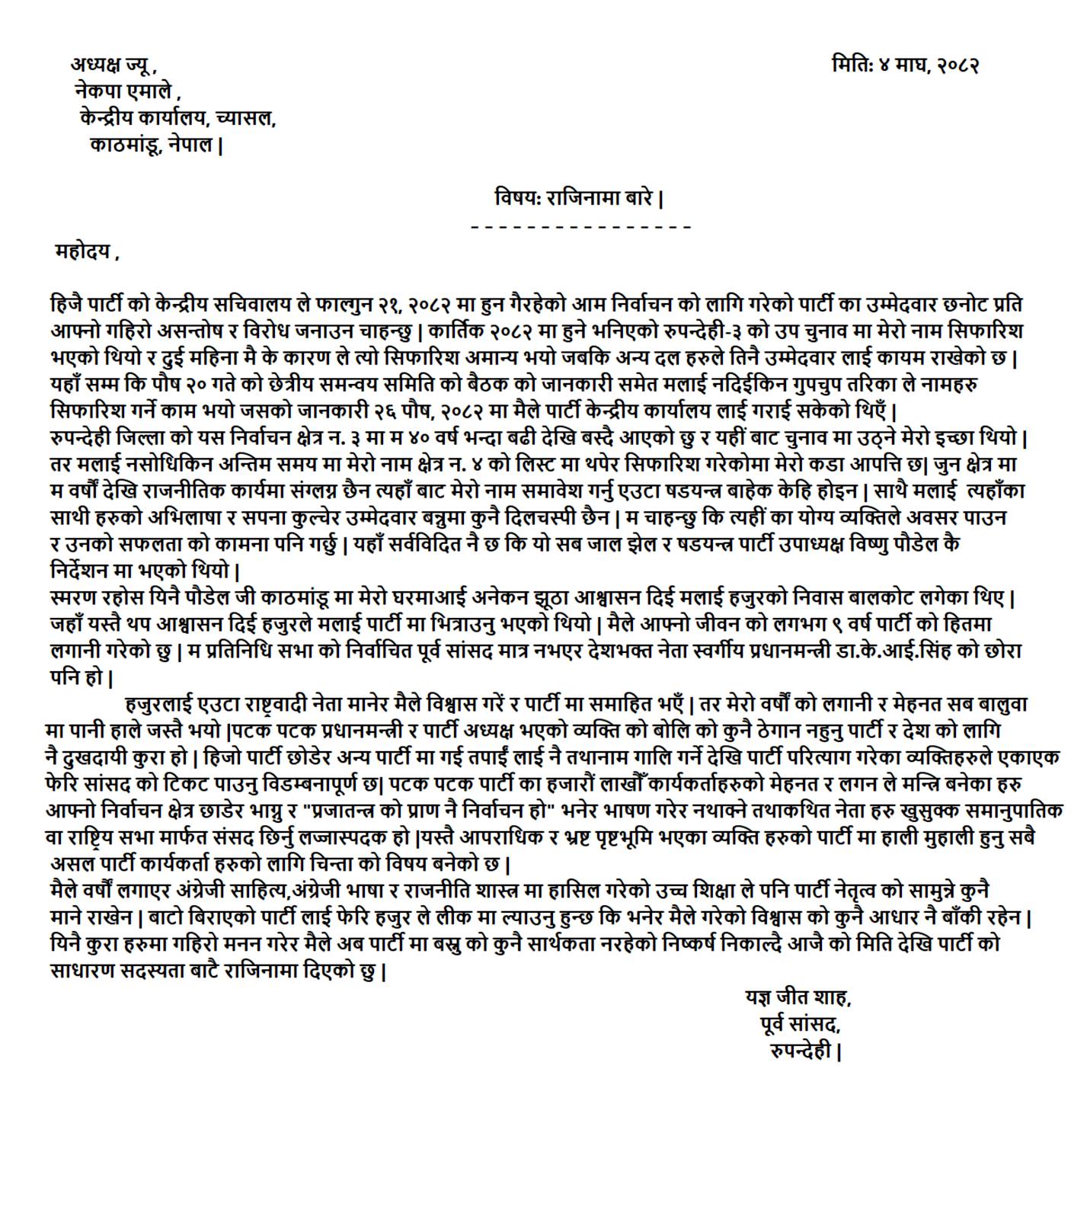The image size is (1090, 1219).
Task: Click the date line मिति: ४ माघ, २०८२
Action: coord(905,65)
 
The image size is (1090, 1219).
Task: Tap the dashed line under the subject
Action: coord(581,227)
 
